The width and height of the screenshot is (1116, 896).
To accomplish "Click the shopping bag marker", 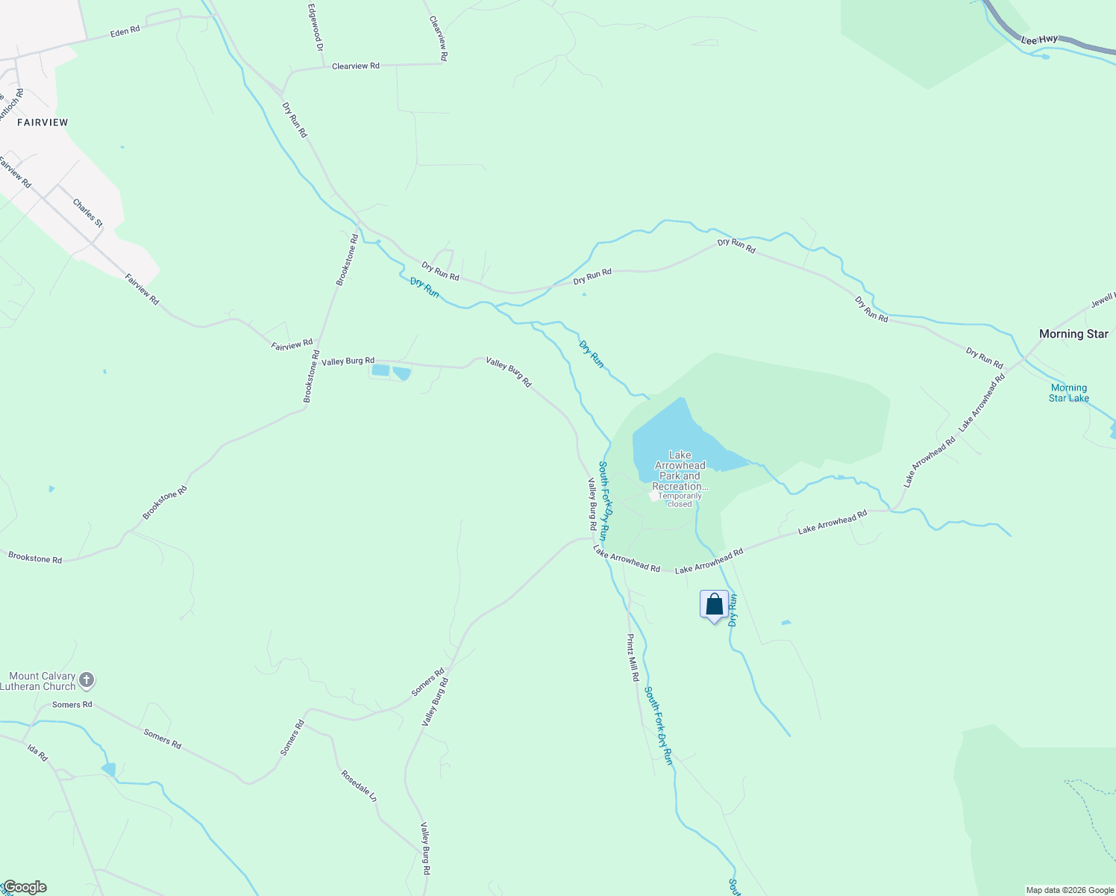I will (714, 604).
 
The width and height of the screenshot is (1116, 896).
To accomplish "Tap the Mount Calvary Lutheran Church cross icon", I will (87, 680).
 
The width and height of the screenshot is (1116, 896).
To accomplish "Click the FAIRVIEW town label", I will (43, 122).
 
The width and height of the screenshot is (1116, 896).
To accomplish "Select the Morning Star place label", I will (1073, 334).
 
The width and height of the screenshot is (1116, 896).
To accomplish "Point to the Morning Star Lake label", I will (1068, 393).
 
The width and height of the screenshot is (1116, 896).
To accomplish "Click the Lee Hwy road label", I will (1039, 39).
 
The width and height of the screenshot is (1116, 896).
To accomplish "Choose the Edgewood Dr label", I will (316, 27).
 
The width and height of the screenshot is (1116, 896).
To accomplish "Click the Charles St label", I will (87, 213).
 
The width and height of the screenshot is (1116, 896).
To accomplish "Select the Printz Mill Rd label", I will (633, 657).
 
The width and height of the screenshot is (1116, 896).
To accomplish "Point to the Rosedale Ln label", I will (359, 785).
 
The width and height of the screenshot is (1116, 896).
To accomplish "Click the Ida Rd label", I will (37, 752).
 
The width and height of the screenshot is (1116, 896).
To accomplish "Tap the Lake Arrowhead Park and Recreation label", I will (680, 470).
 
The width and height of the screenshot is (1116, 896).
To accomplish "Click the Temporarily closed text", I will (680, 500).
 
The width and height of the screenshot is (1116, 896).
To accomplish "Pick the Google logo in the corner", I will (24, 887).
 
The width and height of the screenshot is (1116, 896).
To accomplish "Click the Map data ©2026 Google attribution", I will (1069, 890).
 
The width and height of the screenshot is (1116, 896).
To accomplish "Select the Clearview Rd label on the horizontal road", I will (355, 66).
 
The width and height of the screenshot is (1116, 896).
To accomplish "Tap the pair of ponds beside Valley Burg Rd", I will (391, 371).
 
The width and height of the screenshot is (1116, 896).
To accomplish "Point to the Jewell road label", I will (1103, 300).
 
